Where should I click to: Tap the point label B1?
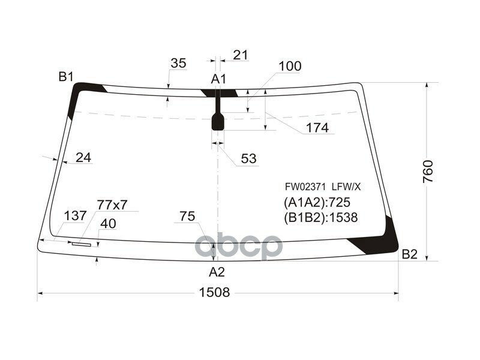pos(66,76)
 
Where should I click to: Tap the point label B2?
pos(409,254)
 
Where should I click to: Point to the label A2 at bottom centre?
pos(217,272)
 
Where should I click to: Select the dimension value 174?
pos(317,128)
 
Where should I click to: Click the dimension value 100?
pos(290,67)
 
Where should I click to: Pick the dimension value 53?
pos(248,158)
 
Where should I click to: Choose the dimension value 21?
pos(240,55)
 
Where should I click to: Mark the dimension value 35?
pos(178,63)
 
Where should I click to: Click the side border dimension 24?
pos(84,158)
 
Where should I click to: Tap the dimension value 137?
pos(74,216)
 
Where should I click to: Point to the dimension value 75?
pos(187,217)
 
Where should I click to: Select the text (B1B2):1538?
pos(320,218)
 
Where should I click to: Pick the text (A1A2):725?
pos(317,203)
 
